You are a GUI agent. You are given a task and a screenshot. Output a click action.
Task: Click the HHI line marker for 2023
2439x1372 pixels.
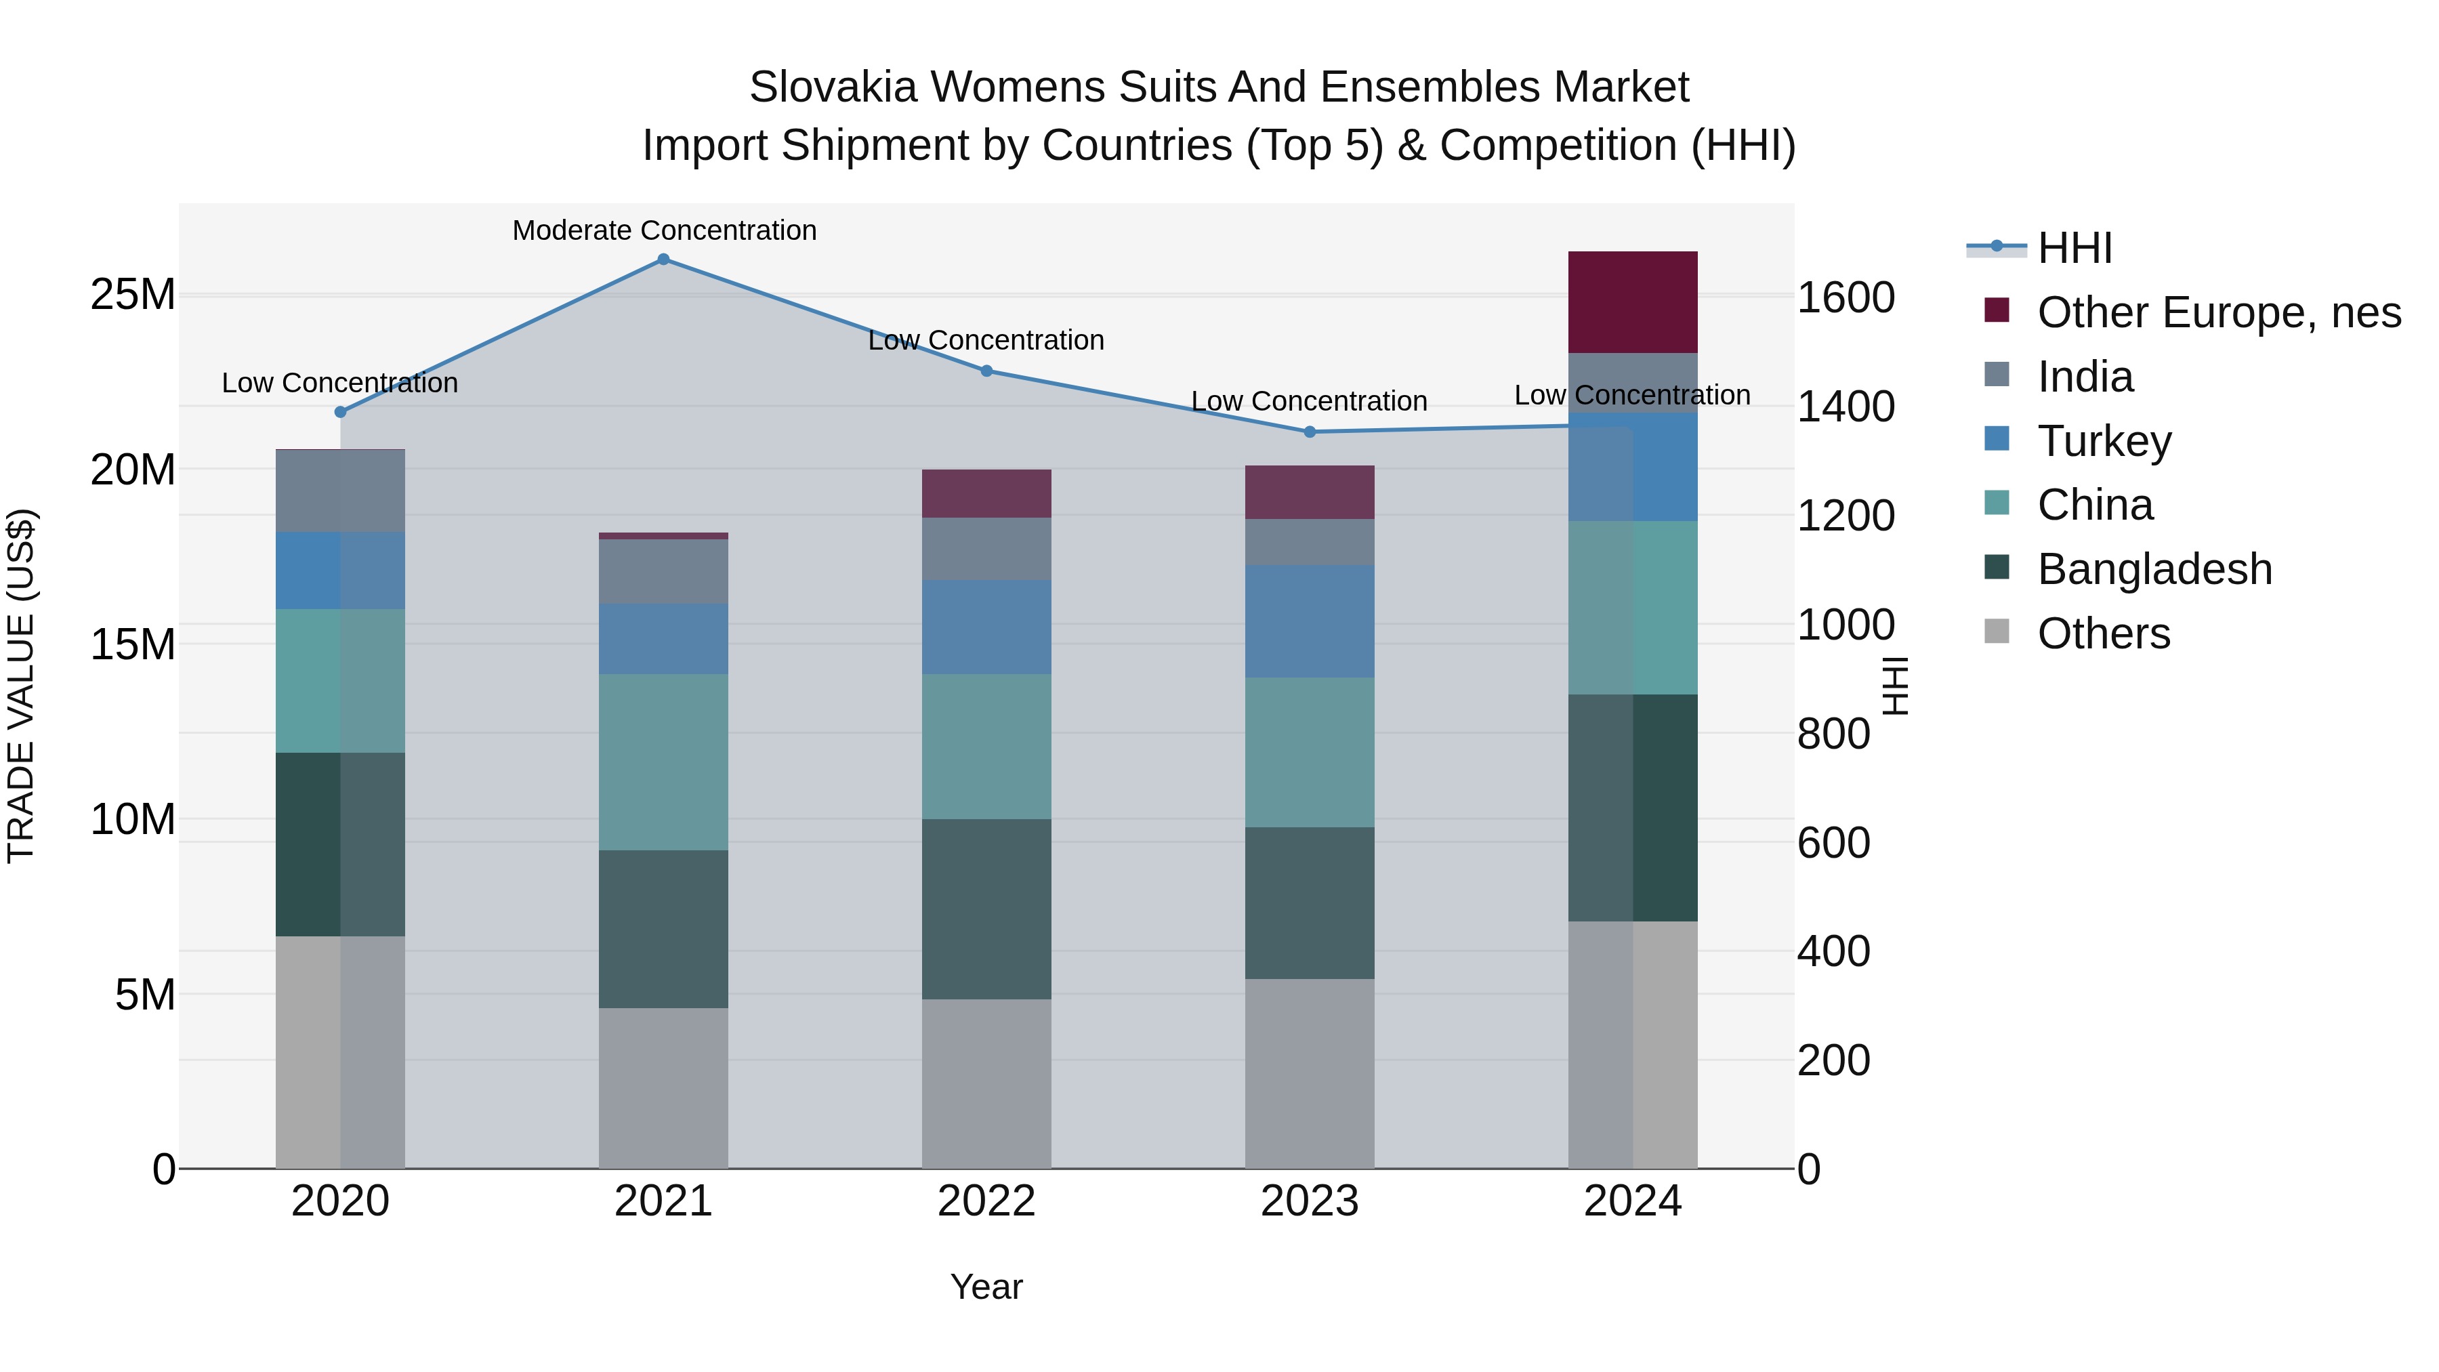1310,432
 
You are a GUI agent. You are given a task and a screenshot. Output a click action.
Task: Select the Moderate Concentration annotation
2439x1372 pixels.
664,230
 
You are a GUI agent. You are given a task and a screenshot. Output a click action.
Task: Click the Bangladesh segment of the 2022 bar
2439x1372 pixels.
986,909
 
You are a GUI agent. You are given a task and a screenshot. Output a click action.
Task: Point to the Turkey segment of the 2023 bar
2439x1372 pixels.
1310,621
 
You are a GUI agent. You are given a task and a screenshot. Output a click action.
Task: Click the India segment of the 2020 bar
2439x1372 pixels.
340,491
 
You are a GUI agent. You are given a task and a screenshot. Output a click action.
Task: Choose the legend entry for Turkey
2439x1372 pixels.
2104,441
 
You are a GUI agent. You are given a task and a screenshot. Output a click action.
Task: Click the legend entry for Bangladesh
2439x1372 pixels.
2154,569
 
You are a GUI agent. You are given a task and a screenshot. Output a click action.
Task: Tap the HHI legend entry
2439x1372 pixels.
2074,248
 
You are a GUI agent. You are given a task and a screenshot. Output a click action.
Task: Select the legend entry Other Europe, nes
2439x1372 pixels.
2218,312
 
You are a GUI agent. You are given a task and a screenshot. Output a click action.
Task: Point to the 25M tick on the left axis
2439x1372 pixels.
133,295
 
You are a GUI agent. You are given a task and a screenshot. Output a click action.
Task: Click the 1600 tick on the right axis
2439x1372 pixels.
1846,298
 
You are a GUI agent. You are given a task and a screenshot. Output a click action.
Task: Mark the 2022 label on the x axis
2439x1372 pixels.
986,1201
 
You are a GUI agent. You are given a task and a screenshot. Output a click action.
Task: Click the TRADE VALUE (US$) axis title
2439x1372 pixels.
21,686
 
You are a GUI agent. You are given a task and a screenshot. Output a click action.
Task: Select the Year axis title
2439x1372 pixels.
986,1287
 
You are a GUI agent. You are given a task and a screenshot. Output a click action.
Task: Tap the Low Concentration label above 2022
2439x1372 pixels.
986,340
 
